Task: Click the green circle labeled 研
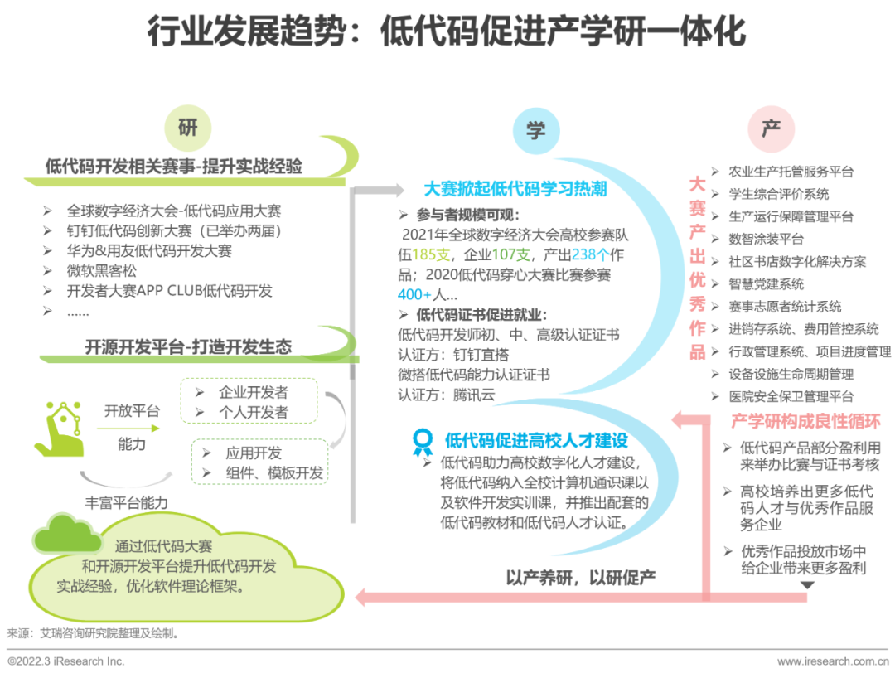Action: point(188,128)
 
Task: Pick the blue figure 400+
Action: point(415,294)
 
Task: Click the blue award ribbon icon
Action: point(423,441)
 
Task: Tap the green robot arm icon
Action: point(59,429)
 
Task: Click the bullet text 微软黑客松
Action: point(102,270)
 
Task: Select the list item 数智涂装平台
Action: point(766,239)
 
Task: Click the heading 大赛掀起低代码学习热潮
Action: point(515,189)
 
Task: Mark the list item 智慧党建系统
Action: point(766,283)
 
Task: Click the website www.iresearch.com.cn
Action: point(832,661)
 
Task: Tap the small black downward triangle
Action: point(806,585)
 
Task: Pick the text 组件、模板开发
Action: point(274,473)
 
